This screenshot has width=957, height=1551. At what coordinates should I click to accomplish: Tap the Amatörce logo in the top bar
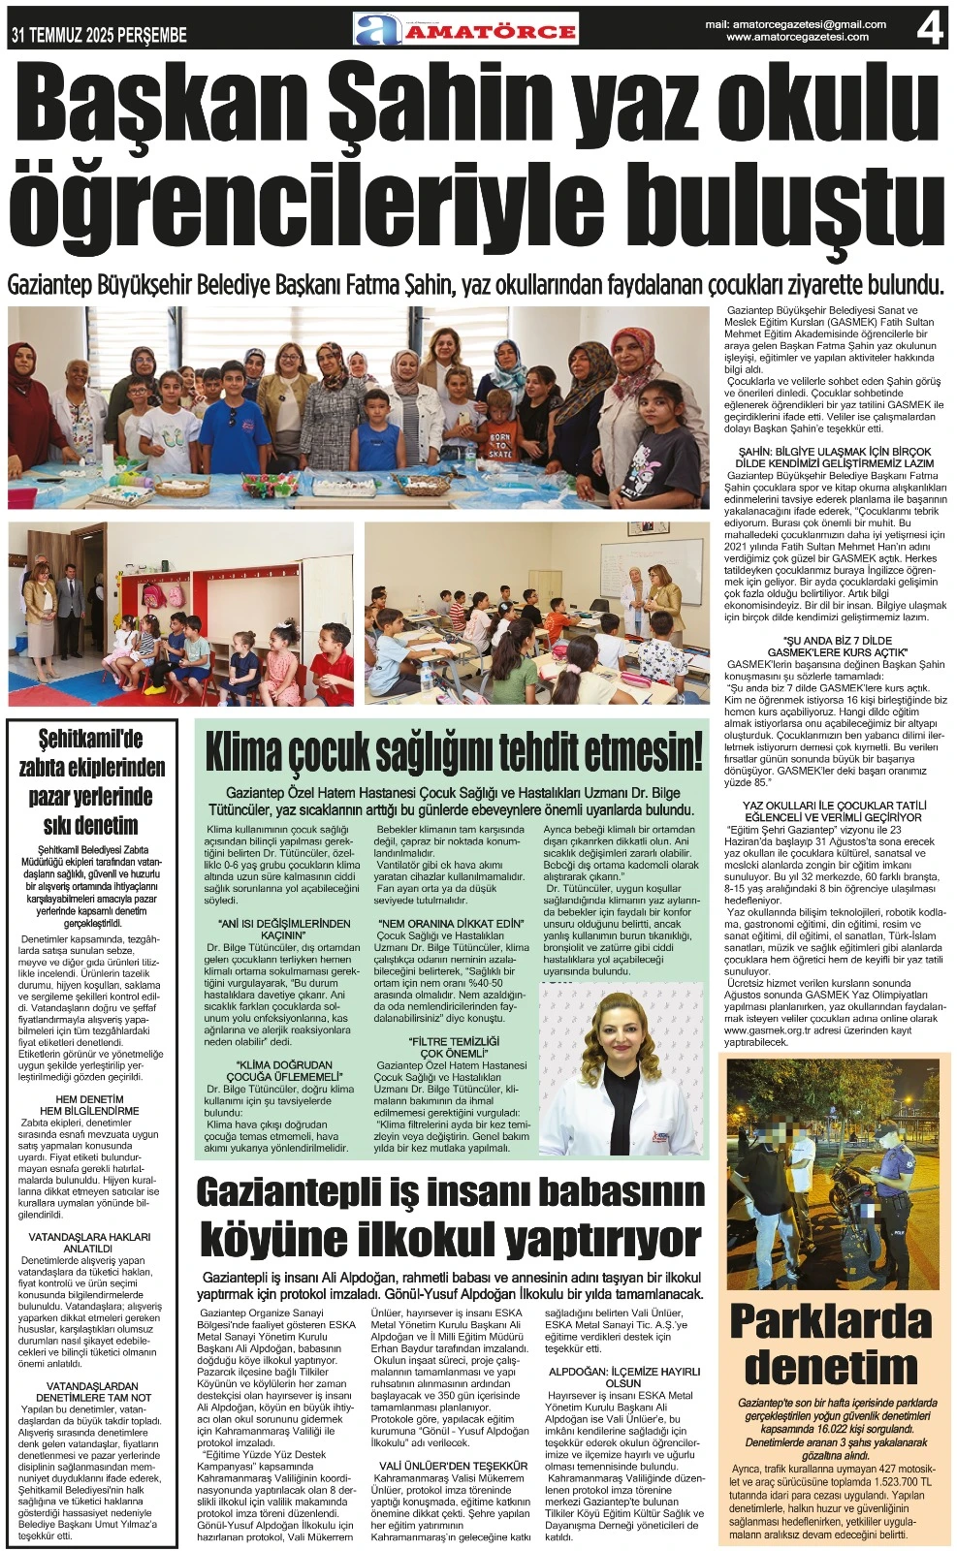[x=465, y=29]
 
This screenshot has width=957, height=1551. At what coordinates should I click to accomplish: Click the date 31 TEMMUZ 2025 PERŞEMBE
[x=99, y=36]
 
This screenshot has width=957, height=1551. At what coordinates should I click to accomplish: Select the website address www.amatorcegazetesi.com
[x=797, y=37]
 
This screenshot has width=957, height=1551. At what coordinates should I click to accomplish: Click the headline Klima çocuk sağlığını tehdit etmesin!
[x=453, y=751]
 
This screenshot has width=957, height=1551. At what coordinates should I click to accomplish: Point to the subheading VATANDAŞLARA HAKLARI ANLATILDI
[x=89, y=1243]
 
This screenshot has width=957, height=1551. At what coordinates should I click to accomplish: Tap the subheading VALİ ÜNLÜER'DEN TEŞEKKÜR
[x=453, y=1466]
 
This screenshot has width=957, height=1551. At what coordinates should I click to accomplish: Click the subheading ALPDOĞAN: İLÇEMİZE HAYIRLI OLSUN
[x=623, y=1377]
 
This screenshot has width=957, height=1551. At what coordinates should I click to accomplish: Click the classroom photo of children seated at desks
[x=536, y=614]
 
